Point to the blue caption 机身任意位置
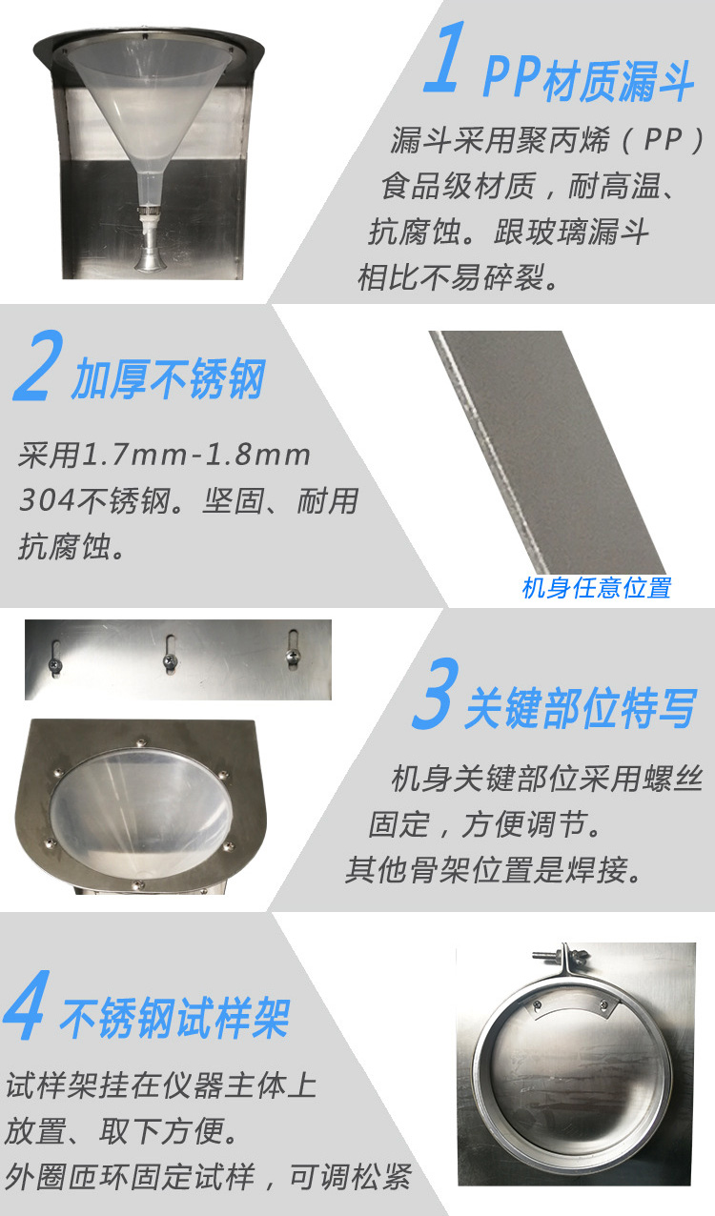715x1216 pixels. pos(596,588)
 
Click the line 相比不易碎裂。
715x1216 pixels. pos(459,278)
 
